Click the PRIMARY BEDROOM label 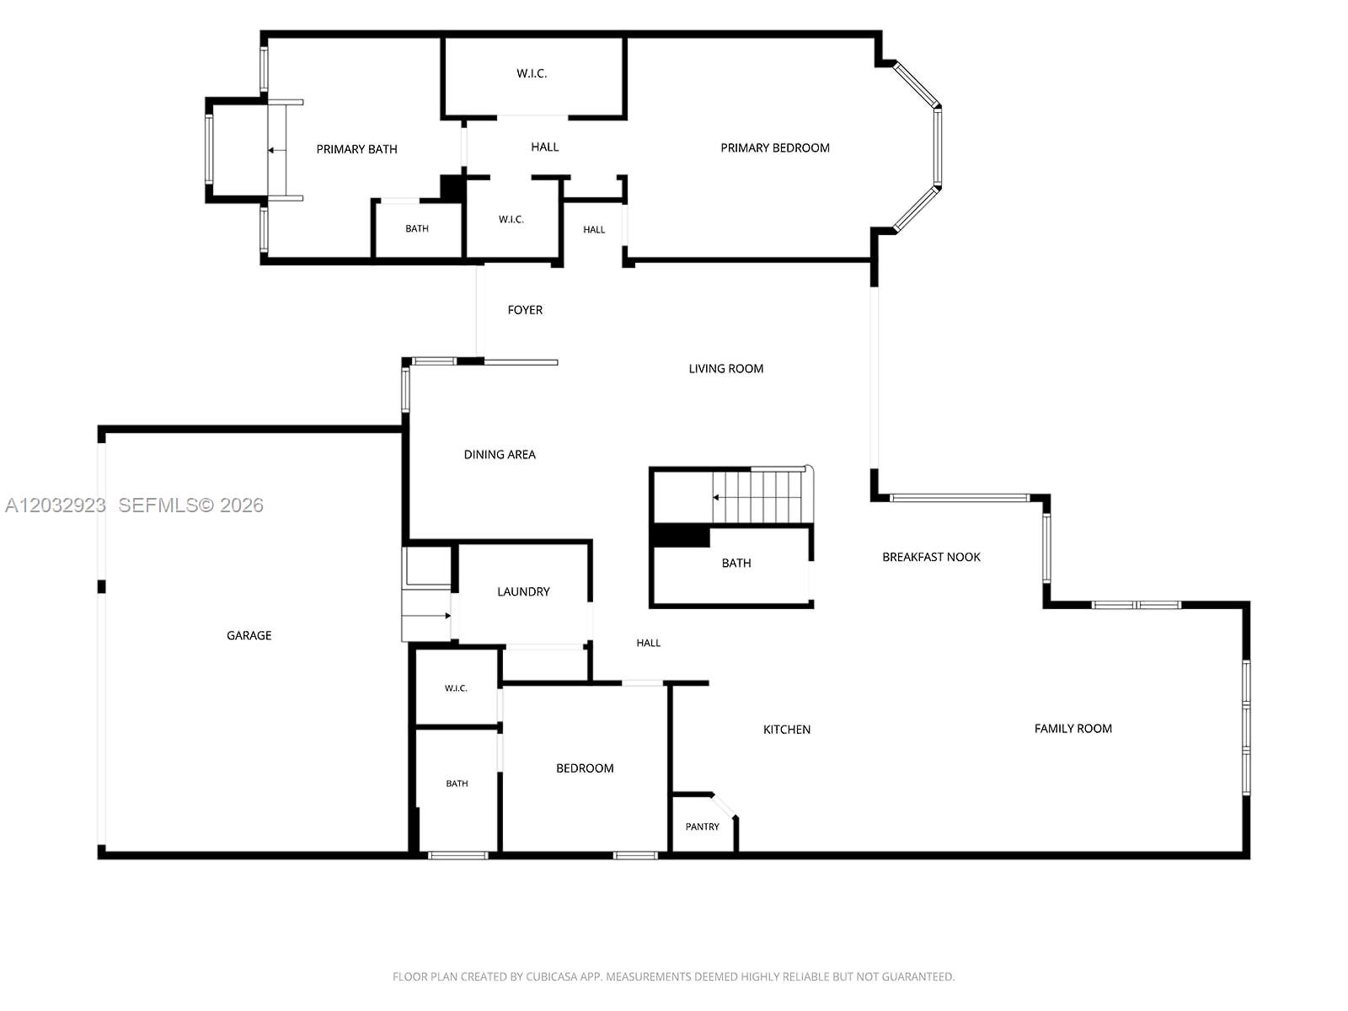click(x=774, y=148)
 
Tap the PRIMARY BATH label click(x=356, y=149)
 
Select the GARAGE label click(x=249, y=635)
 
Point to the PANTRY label click(x=702, y=826)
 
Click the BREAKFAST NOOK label click(x=931, y=557)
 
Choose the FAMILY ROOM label click(x=1073, y=729)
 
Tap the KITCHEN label click(x=787, y=730)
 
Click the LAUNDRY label click(x=523, y=591)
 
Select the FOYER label click(x=525, y=310)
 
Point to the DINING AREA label click(x=500, y=454)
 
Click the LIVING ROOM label click(x=726, y=368)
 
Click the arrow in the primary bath click(x=276, y=151)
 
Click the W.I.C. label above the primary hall click(x=532, y=73)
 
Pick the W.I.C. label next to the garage click(x=456, y=688)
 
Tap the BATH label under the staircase click(x=736, y=563)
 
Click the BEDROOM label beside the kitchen click(x=585, y=768)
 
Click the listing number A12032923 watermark click(x=56, y=505)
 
